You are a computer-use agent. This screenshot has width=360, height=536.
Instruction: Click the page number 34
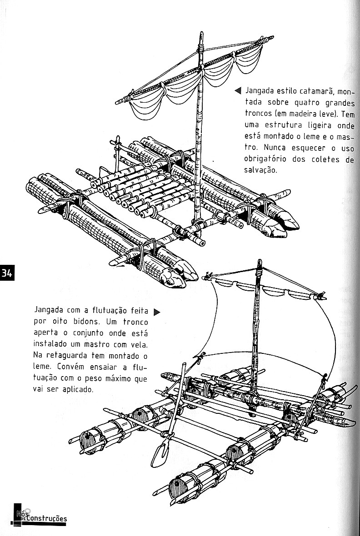tap(7, 273)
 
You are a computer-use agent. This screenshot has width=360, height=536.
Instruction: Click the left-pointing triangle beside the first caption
tap(237, 91)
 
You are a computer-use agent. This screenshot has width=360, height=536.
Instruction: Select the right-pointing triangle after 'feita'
tap(157, 312)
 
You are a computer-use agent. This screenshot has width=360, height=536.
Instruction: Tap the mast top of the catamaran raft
tap(200, 37)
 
